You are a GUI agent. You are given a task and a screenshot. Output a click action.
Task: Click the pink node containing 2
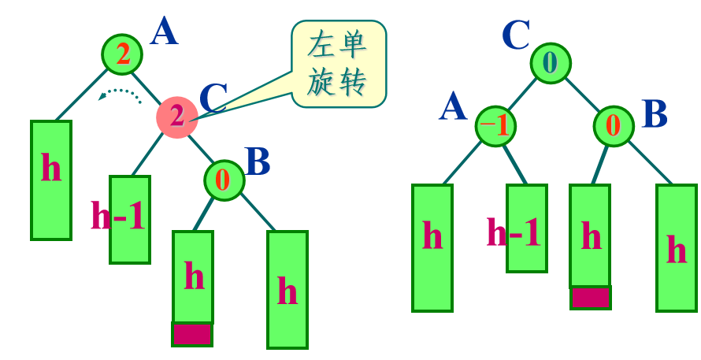(176, 117)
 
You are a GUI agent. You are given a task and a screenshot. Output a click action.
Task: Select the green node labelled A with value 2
(122, 54)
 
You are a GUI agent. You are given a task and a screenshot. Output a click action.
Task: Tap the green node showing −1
(495, 126)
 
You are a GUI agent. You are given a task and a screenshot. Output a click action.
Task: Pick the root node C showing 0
(550, 63)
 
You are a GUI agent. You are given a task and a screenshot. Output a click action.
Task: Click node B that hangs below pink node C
(224, 180)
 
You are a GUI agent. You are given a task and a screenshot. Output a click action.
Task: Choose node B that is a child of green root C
(614, 126)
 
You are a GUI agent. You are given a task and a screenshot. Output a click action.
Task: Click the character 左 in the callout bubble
(320, 46)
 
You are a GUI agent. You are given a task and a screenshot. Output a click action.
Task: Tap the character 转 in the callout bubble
(352, 83)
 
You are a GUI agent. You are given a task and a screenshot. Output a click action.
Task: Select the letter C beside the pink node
(213, 99)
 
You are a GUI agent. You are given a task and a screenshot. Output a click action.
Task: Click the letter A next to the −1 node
(452, 106)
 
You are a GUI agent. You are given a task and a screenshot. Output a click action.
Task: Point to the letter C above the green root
(516, 35)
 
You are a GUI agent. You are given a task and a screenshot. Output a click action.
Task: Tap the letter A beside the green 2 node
(164, 32)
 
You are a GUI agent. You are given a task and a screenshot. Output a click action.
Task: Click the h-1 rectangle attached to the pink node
(129, 219)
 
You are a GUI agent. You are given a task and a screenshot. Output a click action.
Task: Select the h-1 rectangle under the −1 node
(526, 228)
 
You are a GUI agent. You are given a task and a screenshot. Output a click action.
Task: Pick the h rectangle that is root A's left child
(51, 180)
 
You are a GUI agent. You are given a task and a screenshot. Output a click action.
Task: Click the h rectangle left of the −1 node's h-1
(432, 247)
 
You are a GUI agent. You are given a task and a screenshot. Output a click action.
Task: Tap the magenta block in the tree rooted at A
(192, 334)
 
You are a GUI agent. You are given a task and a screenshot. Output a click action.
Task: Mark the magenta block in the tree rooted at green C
(590, 297)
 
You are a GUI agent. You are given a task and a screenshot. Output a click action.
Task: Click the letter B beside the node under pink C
(258, 161)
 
